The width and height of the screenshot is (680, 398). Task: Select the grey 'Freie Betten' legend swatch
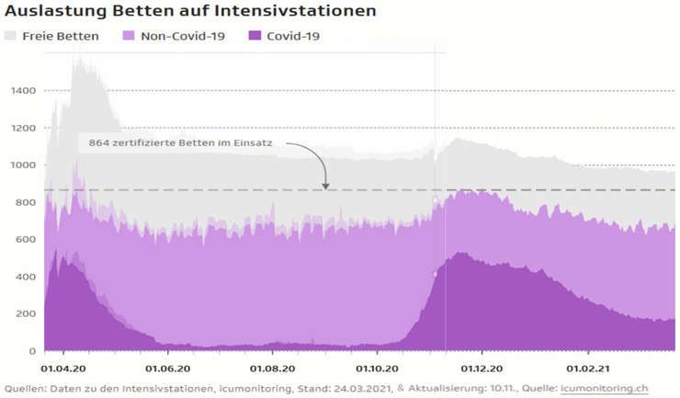11,36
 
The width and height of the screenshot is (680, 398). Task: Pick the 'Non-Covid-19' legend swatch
130,36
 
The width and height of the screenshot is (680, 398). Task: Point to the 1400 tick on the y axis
22,91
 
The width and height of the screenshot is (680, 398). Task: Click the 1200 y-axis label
22,128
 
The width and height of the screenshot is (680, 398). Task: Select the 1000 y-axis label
22,165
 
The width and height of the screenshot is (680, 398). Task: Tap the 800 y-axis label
26,202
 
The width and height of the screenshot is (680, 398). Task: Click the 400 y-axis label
26,277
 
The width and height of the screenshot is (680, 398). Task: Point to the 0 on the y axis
32,351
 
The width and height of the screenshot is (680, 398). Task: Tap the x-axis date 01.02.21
588,366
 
